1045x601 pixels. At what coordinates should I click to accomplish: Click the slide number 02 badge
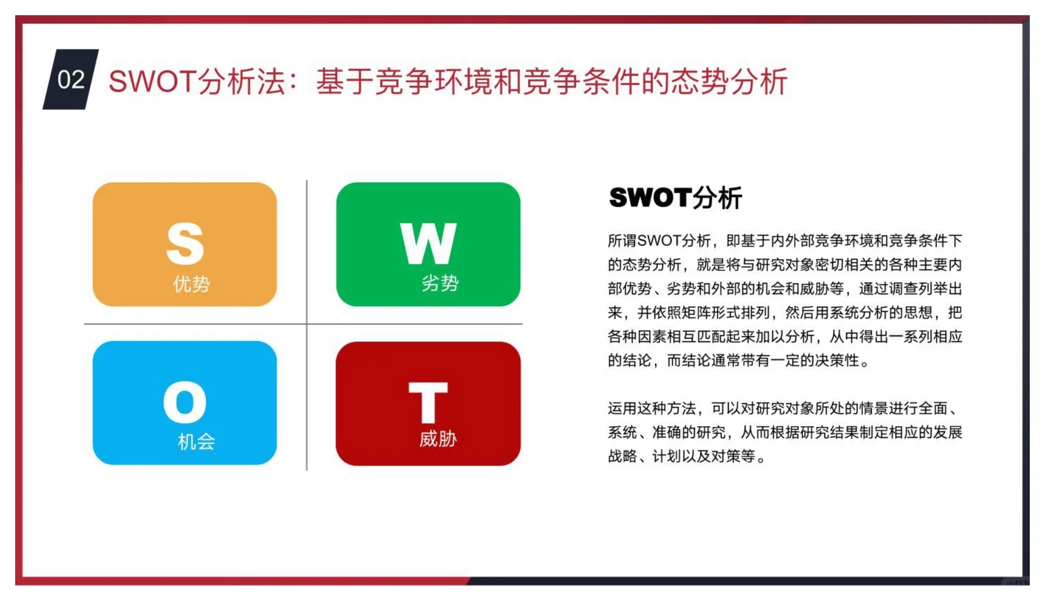click(71, 79)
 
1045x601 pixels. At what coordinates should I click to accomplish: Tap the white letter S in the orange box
click(185, 243)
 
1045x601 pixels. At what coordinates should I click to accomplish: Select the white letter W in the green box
click(428, 243)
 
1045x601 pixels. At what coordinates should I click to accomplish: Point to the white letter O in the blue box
click(185, 402)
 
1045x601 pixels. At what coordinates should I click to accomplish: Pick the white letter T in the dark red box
click(428, 402)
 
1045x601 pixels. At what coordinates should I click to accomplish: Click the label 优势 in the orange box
click(192, 284)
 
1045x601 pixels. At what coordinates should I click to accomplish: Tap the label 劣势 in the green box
click(440, 282)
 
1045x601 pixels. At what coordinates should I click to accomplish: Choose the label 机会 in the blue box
click(196, 441)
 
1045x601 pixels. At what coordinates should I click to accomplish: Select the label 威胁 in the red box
click(438, 439)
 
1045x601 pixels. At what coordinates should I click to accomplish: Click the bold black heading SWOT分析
click(675, 198)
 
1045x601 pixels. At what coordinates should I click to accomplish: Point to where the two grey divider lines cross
click(307, 324)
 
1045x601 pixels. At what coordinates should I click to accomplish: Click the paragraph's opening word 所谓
click(622, 241)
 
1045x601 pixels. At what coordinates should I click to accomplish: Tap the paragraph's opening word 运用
click(622, 408)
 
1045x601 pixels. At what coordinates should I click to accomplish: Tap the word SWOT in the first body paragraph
click(659, 241)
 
